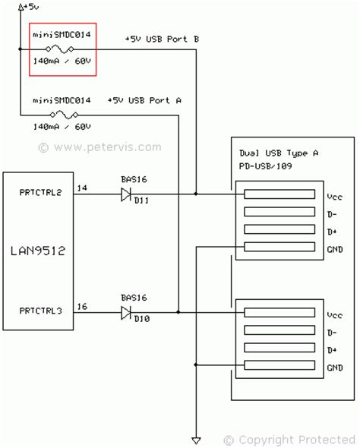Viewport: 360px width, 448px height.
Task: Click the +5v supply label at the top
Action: pos(31,7)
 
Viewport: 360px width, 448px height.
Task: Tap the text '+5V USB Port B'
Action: pos(161,38)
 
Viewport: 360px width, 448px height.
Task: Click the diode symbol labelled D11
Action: pos(127,194)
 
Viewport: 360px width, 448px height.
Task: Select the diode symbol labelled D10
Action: pos(127,311)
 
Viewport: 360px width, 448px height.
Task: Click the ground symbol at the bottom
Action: pos(196,440)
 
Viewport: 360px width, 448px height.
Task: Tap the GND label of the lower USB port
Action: pos(334,368)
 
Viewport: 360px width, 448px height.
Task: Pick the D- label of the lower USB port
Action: pos(332,333)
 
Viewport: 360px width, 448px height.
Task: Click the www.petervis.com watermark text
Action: pos(99,147)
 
